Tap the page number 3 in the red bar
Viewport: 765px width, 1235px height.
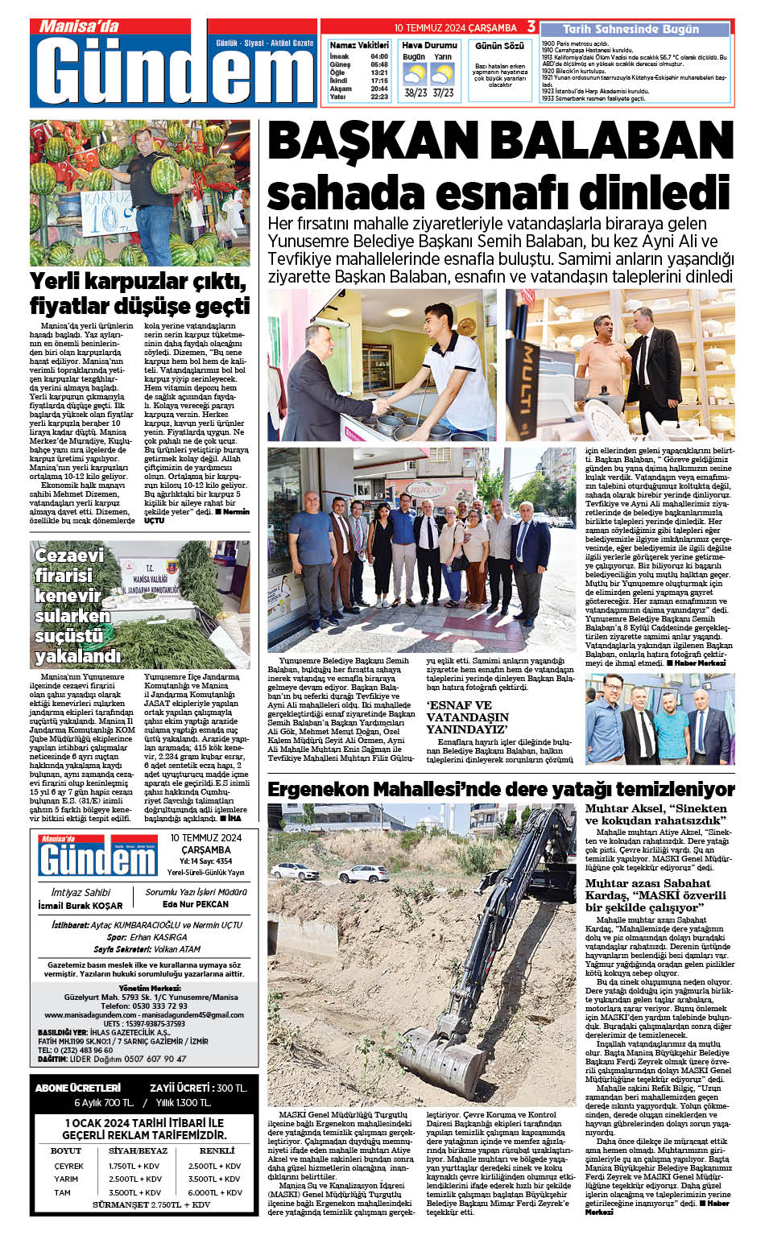point(531,27)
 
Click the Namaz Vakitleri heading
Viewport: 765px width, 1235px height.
point(359,45)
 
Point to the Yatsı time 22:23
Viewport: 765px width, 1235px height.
point(379,97)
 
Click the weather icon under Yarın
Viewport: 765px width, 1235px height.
point(442,75)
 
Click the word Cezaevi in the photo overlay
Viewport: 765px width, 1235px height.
point(69,556)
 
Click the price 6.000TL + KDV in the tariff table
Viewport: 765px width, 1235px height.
point(215,1192)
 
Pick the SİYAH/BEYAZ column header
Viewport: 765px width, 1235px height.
point(138,1150)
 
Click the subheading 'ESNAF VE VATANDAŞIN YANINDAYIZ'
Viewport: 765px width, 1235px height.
point(468,717)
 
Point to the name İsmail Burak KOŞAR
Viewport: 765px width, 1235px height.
point(81,905)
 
